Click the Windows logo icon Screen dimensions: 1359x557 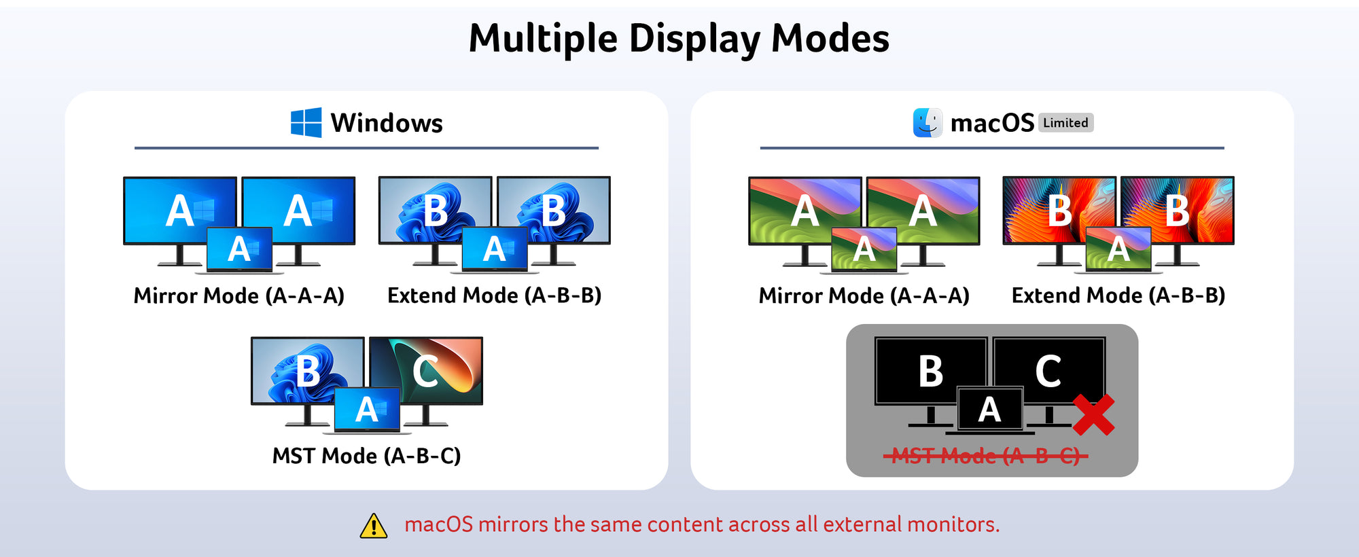(306, 123)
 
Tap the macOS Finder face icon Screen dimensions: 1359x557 (928, 123)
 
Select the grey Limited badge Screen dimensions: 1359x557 (1065, 123)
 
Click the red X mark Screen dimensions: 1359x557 (1093, 414)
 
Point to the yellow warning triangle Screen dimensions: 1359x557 (374, 526)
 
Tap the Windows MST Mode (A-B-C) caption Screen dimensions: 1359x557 (367, 456)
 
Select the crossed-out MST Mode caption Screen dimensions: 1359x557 (986, 456)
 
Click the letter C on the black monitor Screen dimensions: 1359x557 (1048, 372)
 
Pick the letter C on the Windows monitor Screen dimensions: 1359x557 (425, 372)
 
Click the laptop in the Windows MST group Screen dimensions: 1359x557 (367, 410)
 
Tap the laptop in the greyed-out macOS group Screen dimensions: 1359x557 (990, 410)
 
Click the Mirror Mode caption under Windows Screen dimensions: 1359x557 (239, 296)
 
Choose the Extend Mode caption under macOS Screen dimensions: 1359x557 (1118, 296)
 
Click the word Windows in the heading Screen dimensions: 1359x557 (387, 124)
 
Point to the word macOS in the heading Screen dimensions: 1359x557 (992, 124)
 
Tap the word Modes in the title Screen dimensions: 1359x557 (830, 39)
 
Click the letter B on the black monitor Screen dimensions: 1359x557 (931, 372)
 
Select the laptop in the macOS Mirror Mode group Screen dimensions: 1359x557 (864, 250)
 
